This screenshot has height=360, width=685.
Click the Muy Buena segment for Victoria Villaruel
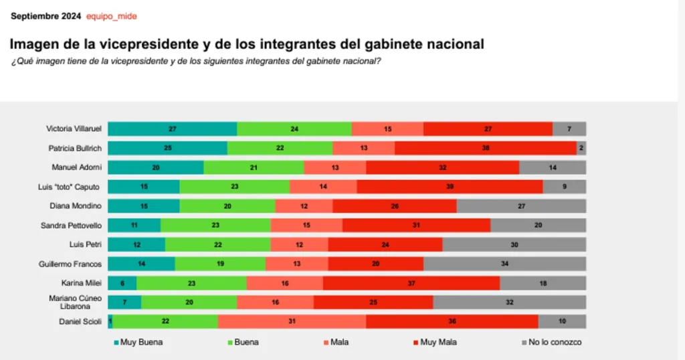click(x=172, y=129)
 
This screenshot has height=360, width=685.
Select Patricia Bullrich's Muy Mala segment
click(x=485, y=149)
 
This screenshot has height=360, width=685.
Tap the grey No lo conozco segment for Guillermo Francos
click(x=504, y=264)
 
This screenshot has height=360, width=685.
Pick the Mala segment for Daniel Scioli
click(x=292, y=322)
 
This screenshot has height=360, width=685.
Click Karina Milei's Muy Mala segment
click(x=411, y=283)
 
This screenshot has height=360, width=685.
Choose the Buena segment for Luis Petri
click(x=217, y=245)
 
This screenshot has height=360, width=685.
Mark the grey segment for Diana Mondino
click(x=521, y=206)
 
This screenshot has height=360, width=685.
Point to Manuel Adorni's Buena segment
click(x=254, y=167)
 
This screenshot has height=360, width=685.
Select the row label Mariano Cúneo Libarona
click(x=74, y=302)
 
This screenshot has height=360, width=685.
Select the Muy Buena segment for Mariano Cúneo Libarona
click(x=124, y=302)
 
